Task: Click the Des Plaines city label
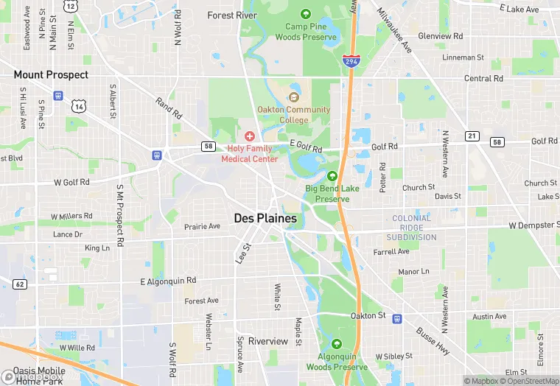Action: point(265,218)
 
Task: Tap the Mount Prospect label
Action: point(51,75)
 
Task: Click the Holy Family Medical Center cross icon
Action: point(250,136)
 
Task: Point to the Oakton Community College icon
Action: point(294,97)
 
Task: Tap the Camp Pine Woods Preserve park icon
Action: point(306,14)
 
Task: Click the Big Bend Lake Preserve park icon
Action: point(332,176)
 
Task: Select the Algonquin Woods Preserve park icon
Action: point(337,344)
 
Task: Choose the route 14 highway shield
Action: point(78,106)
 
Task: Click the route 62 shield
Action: point(20,284)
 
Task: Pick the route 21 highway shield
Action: point(472,136)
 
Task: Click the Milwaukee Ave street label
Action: point(394,29)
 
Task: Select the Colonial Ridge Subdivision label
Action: point(412,228)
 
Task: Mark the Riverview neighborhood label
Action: point(268,341)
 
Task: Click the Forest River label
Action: point(232,15)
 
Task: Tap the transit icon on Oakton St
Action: point(397,319)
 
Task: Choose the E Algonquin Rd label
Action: point(169,281)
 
